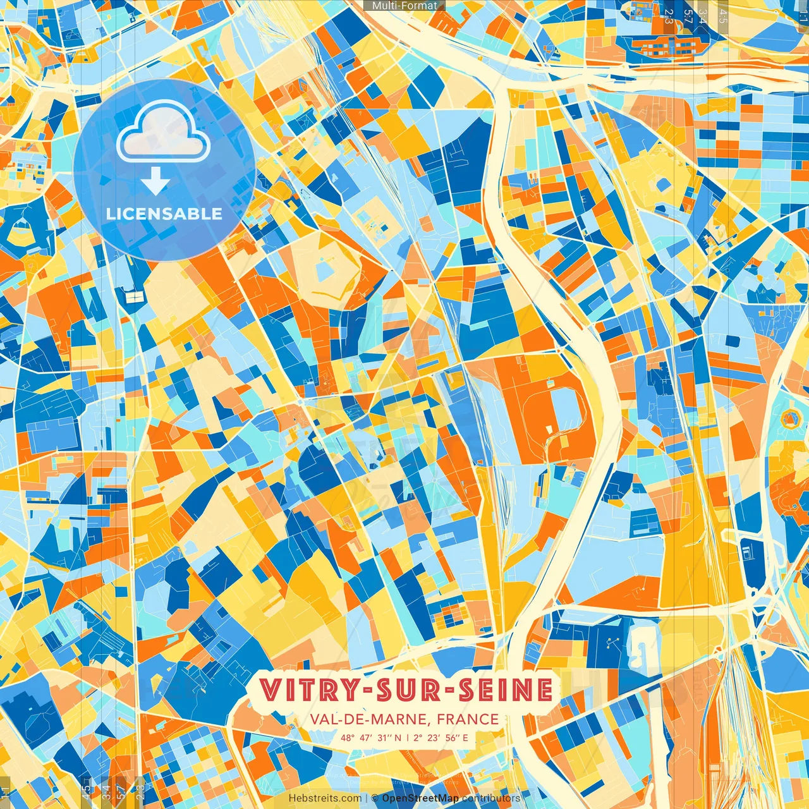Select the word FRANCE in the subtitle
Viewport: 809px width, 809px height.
[468, 719]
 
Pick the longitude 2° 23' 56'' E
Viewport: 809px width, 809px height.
[442, 738]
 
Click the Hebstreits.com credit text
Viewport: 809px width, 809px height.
[325, 798]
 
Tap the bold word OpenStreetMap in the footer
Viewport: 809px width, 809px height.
[420, 798]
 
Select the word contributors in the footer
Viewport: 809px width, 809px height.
[491, 798]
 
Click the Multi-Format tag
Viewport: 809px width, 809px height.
[404, 5]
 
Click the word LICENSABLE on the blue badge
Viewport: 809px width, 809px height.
[164, 214]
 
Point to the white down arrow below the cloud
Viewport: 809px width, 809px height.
[155, 182]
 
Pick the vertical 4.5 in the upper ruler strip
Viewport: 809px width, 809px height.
[723, 16]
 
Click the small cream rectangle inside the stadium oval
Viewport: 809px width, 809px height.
[549, 430]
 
